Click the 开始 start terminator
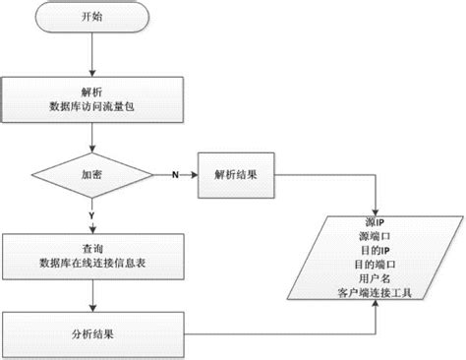pos(90,18)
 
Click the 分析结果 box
pos(90,333)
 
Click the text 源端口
pos(374,237)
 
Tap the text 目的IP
pos(374,250)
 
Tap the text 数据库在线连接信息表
pos(90,264)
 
